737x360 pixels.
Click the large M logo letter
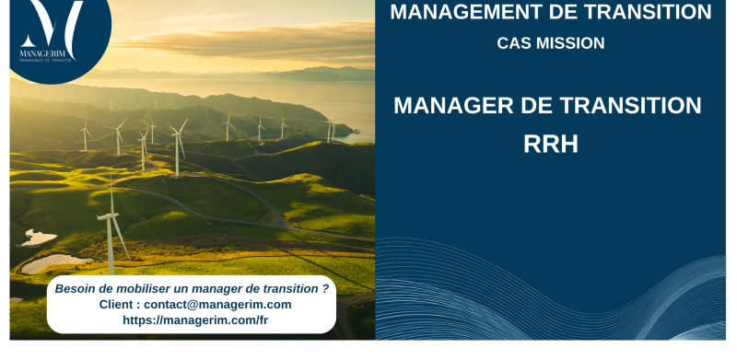[x=52, y=25]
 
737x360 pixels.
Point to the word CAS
[x=514, y=42]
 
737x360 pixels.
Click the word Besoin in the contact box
[x=76, y=288]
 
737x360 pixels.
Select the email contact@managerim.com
[x=217, y=304]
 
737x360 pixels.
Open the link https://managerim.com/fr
[x=194, y=319]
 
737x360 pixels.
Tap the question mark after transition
[x=325, y=288]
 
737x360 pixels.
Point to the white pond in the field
[x=39, y=238]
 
